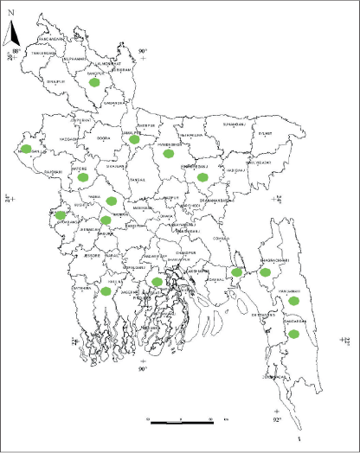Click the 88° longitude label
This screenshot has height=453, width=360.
click(x=16, y=52)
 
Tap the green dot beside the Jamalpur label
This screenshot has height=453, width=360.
click(x=134, y=138)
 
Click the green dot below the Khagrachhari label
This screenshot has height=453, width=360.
click(x=267, y=271)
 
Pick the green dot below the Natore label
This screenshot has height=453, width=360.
click(x=83, y=177)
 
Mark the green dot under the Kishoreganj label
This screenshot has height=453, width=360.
click(x=203, y=177)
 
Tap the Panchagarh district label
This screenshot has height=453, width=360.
click(x=54, y=38)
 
